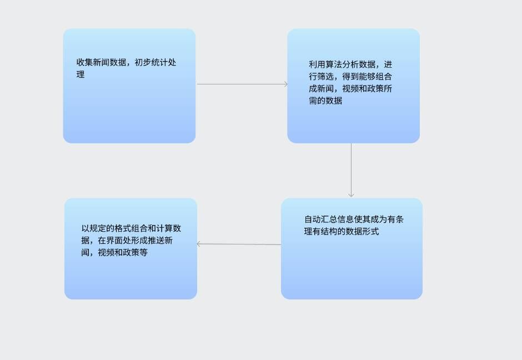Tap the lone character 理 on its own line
tap(81, 74)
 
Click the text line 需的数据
tap(325, 101)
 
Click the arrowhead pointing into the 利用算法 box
tap(285, 84)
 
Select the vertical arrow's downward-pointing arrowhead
tap(351, 194)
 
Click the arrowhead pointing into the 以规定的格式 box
tap(199, 243)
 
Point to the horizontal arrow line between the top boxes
tap(242, 84)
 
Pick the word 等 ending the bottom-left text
tap(144, 253)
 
